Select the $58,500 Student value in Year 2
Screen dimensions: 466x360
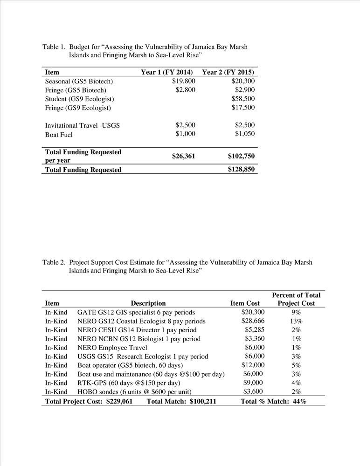click(x=243, y=99)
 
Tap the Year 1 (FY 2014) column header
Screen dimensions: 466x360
click(x=167, y=72)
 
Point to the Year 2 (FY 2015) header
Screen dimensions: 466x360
click(x=228, y=72)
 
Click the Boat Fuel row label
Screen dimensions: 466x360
click(x=59, y=135)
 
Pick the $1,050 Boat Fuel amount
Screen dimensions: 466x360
click(x=245, y=134)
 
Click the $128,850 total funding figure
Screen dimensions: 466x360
click(x=242, y=170)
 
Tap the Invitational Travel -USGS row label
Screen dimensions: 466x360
click(x=82, y=125)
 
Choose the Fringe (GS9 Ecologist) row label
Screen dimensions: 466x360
click(x=78, y=108)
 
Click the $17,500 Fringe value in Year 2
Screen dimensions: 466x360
click(x=243, y=108)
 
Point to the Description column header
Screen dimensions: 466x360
click(x=148, y=303)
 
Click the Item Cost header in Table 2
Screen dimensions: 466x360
click(x=245, y=303)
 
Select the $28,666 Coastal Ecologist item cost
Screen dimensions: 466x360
click(x=253, y=321)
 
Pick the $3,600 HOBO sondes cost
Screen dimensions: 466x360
click(x=254, y=392)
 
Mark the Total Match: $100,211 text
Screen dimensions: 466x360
click(x=181, y=401)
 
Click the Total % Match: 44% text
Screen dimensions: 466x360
click(x=273, y=401)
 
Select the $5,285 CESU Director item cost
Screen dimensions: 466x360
click(x=255, y=330)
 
